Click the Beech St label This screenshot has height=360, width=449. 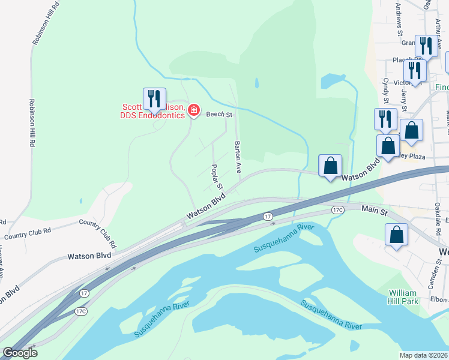pos(218,114)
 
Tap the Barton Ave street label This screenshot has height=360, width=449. pos(238,157)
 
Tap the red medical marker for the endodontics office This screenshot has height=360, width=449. pos(193,110)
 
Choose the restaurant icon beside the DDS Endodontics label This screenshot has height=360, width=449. pos(154,100)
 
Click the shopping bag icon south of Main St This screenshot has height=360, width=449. pos(396,235)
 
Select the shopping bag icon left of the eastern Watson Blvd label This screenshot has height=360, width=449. pos(330,166)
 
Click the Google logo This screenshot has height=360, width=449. pos(20,353)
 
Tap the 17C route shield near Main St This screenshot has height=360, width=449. pos(338,210)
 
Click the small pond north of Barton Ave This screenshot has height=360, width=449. pos(257,83)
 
